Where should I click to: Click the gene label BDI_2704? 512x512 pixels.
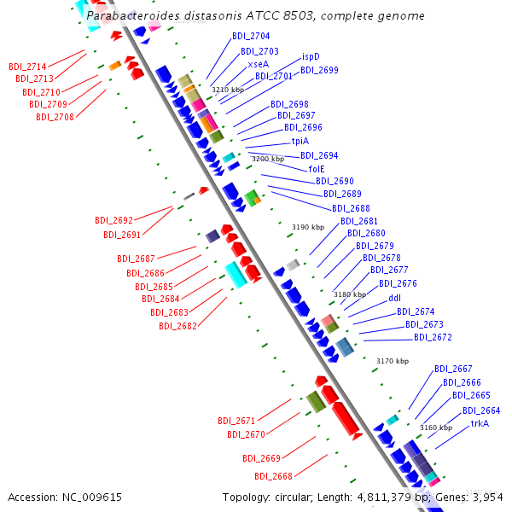(251, 37)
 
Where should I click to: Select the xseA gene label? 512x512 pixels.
(259, 64)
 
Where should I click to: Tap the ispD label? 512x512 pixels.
(311, 57)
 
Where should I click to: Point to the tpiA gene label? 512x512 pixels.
(300, 142)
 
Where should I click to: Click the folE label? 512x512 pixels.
(317, 169)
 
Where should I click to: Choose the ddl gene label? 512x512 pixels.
(394, 299)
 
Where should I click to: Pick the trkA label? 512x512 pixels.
(480, 423)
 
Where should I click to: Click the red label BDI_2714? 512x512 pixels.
(27, 66)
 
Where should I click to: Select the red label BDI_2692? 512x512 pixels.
(113, 220)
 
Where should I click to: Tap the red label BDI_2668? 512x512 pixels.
(273, 476)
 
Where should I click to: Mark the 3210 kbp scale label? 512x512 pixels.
(228, 90)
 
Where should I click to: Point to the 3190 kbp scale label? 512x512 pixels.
(308, 227)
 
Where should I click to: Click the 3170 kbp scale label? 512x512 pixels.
(393, 361)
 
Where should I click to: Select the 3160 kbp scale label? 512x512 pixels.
(436, 427)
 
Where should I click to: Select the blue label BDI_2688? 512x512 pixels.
(351, 208)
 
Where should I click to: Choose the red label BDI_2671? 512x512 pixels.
(236, 421)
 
